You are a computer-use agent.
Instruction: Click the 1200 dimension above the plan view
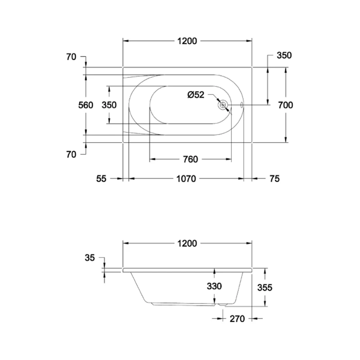(x=187, y=41)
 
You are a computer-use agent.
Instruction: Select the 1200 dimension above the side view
(x=187, y=243)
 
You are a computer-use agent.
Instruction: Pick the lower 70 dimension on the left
(x=71, y=154)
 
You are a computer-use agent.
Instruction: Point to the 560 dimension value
(x=85, y=105)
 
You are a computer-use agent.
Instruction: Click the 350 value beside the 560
(x=109, y=105)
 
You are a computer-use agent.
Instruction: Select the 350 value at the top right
(x=284, y=56)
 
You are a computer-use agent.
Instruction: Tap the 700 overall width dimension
(x=285, y=105)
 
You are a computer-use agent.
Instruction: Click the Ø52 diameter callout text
(x=196, y=95)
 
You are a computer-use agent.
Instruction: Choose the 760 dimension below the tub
(x=190, y=159)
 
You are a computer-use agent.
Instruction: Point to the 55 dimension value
(x=101, y=179)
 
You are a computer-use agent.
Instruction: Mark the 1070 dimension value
(x=185, y=179)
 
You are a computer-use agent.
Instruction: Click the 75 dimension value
(x=274, y=179)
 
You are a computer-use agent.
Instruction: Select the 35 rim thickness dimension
(x=90, y=258)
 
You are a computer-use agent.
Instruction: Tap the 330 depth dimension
(x=214, y=286)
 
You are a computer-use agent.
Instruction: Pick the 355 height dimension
(x=265, y=288)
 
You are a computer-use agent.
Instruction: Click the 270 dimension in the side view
(x=236, y=319)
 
